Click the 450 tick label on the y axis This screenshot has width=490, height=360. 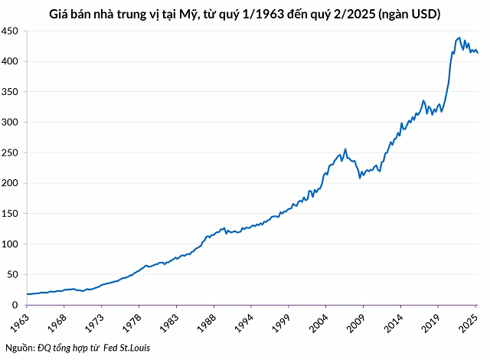point(11,31)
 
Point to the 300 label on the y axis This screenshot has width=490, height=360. point(11,123)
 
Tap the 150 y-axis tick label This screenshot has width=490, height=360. point(11,214)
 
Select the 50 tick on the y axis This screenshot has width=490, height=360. point(14,275)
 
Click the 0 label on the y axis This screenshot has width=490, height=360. point(17,305)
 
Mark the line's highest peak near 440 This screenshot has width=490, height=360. point(459,37)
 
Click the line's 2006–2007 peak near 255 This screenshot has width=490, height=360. point(345,149)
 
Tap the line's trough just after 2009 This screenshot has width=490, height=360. point(361,178)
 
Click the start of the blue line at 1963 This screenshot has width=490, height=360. point(28,294)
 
